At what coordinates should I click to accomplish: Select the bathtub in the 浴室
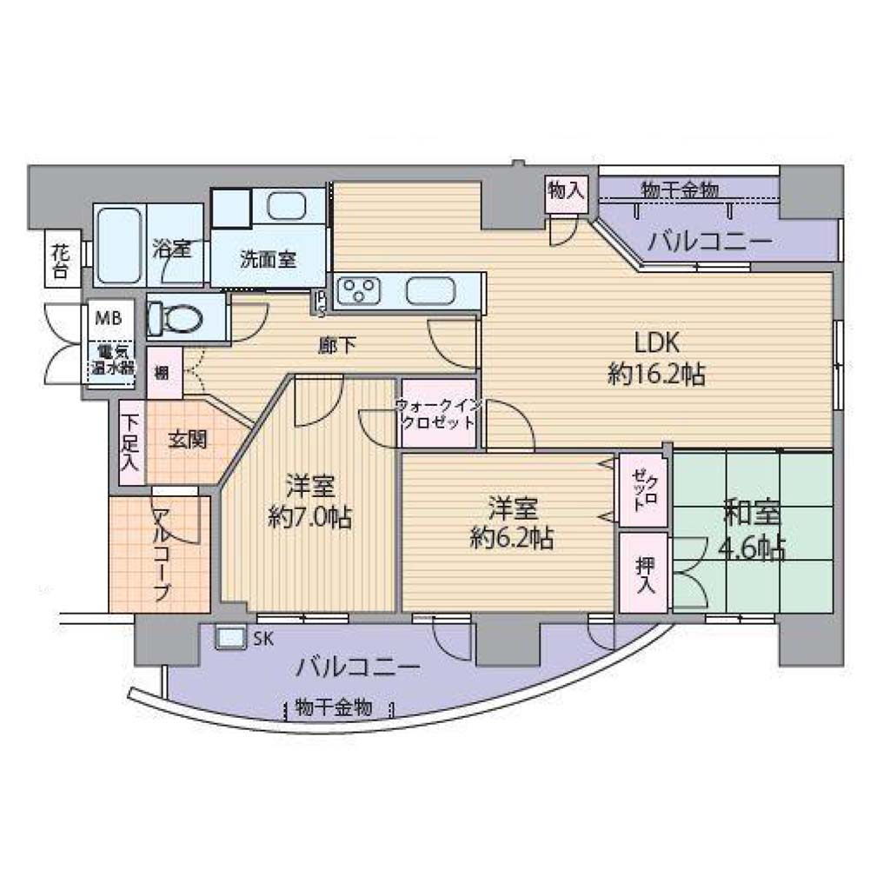pyautogui.click(x=118, y=244)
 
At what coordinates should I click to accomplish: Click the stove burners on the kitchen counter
pyautogui.click(x=357, y=290)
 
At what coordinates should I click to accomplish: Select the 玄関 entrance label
pyautogui.click(x=187, y=440)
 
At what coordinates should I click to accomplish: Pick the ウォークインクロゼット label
pyautogui.click(x=438, y=414)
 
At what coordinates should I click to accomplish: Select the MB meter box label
pyautogui.click(x=109, y=318)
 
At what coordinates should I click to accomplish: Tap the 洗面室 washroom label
pyautogui.click(x=268, y=260)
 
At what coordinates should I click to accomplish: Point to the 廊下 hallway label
pyautogui.click(x=337, y=346)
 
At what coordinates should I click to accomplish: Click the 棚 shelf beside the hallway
pyautogui.click(x=164, y=373)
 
